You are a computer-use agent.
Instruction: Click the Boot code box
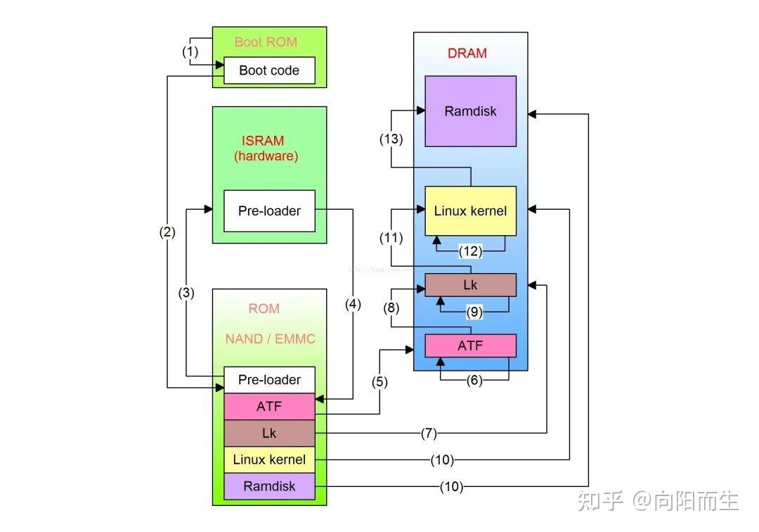coord(269,70)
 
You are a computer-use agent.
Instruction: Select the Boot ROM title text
coord(266,42)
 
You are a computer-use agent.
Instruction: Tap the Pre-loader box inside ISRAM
coord(269,210)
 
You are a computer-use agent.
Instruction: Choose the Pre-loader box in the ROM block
coord(269,380)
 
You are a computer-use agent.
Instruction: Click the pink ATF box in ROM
coord(269,407)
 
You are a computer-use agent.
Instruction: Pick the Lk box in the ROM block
coord(269,433)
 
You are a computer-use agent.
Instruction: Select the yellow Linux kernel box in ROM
coord(269,460)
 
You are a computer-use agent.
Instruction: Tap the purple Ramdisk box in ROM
coord(269,486)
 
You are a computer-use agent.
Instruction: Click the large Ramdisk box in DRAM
coord(470,111)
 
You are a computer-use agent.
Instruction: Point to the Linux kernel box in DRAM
coord(470,210)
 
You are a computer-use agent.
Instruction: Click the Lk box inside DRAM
coord(470,285)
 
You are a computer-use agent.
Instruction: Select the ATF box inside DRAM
coord(470,346)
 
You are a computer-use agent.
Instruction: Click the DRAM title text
coord(467,53)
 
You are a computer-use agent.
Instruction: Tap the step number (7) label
coord(429,433)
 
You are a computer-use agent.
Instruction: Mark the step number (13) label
coord(391,139)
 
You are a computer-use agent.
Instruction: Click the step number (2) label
coord(167,233)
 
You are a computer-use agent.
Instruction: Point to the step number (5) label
coord(379,383)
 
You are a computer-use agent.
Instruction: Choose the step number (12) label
coord(469,250)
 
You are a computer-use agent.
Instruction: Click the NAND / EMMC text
coord(270,339)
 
